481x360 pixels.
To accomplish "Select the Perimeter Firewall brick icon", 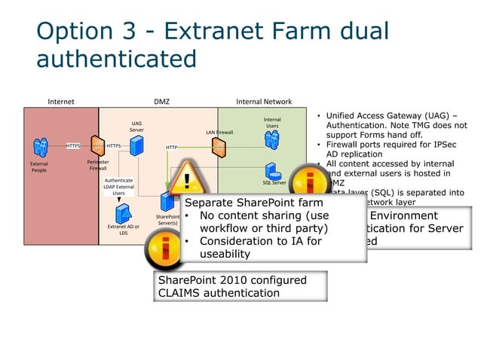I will pos(97,145).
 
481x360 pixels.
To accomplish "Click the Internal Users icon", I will pos(271,139).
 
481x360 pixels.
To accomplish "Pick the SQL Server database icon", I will pos(272,172).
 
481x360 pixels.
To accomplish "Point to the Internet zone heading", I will pos(61,102).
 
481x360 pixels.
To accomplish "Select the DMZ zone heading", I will pos(161,102).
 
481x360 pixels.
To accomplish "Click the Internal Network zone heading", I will pos(264,102).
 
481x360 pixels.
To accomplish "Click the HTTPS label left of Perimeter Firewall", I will pos(73,145).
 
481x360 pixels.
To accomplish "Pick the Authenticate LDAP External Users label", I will pos(119,187).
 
